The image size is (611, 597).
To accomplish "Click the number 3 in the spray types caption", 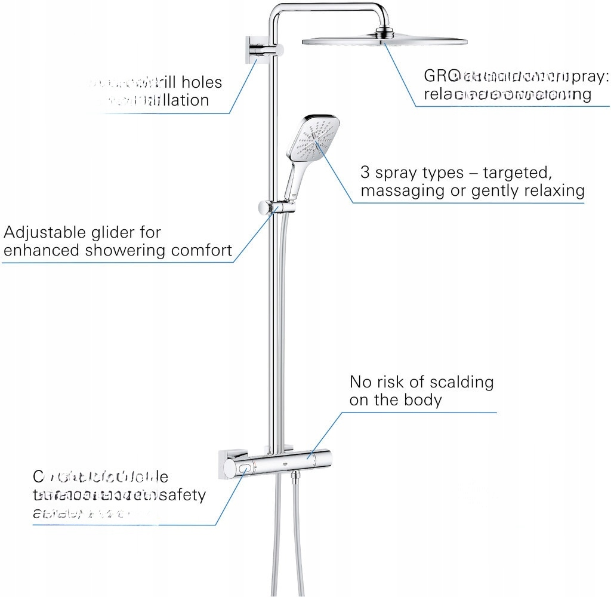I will click(365, 173).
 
